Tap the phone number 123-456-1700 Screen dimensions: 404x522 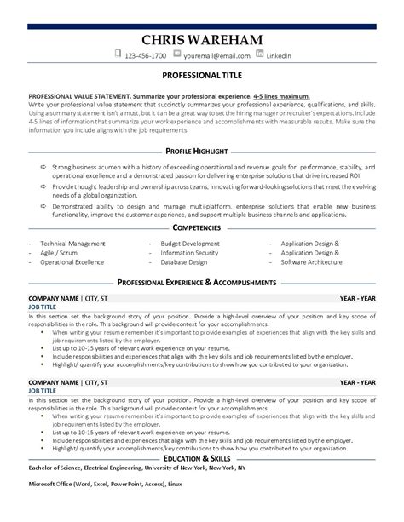click(x=147, y=56)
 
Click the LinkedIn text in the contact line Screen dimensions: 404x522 click(x=279, y=56)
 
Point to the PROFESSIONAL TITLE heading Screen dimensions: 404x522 click(x=201, y=76)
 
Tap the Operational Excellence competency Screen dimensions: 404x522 click(x=72, y=238)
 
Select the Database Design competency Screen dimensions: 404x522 click(x=183, y=238)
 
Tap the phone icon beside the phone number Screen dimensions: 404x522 click(x=118, y=55)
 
